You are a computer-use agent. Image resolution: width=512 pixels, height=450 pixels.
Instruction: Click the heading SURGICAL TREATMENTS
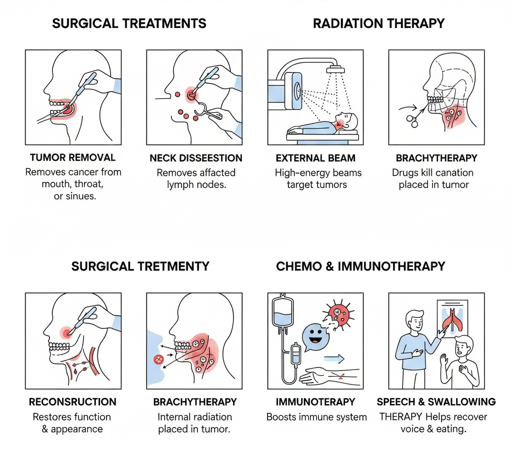[x=129, y=23]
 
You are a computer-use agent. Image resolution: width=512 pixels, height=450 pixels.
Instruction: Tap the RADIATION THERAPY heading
[x=378, y=23]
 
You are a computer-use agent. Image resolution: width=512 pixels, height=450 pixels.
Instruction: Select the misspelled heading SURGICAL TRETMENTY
[x=140, y=266]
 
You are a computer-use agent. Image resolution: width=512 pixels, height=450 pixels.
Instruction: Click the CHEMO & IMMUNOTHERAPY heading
[x=360, y=266]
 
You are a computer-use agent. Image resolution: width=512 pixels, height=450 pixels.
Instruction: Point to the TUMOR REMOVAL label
[x=72, y=158]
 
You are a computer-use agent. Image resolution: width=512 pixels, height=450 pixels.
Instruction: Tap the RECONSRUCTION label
[x=72, y=402]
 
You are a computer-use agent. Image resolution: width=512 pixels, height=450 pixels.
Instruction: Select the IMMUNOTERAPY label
[x=315, y=402]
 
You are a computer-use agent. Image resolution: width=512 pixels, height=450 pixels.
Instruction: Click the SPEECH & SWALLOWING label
[x=436, y=402]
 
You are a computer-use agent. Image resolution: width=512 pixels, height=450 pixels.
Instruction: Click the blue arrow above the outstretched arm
[x=335, y=358]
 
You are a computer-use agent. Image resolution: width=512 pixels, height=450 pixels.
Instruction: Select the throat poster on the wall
[x=451, y=320]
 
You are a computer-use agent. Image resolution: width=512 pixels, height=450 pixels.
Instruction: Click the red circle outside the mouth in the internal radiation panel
[x=159, y=358]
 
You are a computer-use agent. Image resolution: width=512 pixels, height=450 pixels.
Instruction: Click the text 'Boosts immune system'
[x=316, y=416]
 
